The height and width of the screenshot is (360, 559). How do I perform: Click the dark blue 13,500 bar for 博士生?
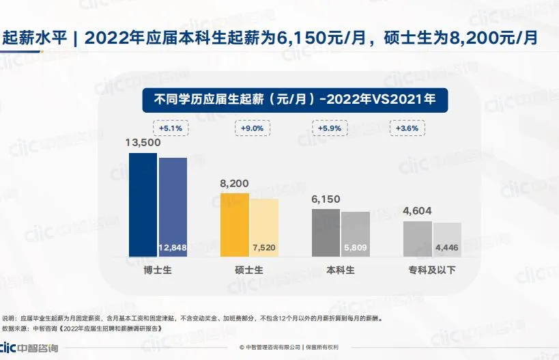[x=143, y=204]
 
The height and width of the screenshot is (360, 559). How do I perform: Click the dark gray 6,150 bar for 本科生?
[x=326, y=232]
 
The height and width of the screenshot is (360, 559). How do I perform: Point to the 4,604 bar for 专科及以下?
[x=417, y=238]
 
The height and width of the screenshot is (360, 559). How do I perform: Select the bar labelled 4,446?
[x=447, y=239]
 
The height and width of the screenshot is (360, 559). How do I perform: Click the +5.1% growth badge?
[x=171, y=128]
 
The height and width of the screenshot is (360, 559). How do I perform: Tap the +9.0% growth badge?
[x=253, y=128]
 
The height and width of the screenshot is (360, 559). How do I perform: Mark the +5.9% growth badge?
[x=330, y=128]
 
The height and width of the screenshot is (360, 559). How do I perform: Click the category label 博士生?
[x=158, y=270]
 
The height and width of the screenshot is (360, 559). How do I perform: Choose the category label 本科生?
[x=341, y=270]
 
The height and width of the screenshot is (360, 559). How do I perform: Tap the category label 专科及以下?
[x=432, y=270]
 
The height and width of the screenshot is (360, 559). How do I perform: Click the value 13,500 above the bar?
[x=143, y=143]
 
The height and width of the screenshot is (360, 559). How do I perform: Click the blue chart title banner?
[x=294, y=99]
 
